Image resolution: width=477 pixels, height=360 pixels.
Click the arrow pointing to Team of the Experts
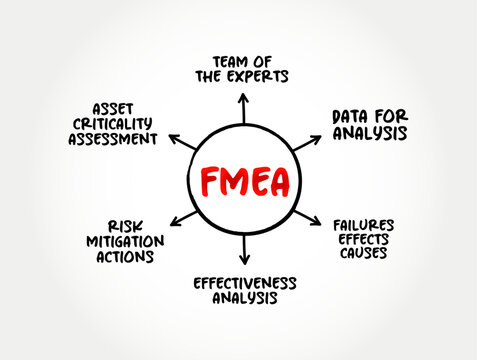[244, 106]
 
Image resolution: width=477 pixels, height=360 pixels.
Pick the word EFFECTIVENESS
[245, 283]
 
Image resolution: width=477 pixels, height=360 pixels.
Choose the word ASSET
[113, 105]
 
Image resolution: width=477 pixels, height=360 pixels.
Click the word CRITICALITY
[113, 122]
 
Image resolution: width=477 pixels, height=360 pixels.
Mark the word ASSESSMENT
[113, 139]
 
